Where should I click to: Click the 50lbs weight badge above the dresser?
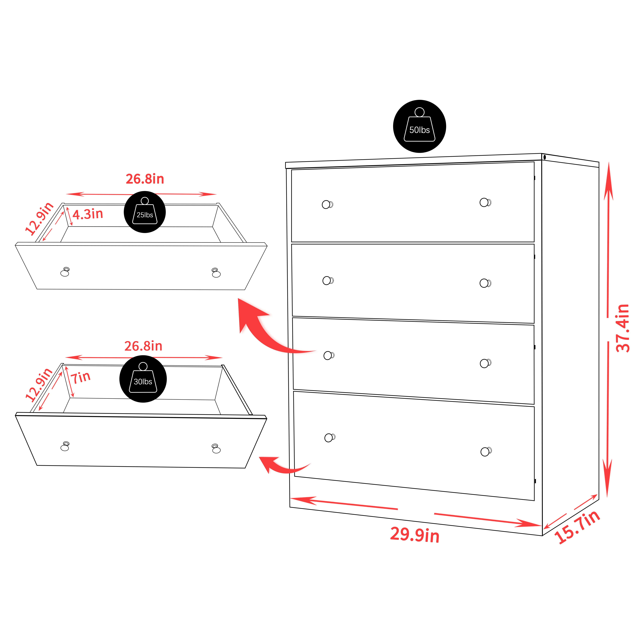point(419,126)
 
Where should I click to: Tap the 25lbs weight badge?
point(145,212)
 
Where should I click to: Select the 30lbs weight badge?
point(143,379)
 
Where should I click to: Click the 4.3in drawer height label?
point(88,214)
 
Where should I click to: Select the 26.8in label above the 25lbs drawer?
point(145,179)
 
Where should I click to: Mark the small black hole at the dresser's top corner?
point(545,157)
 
